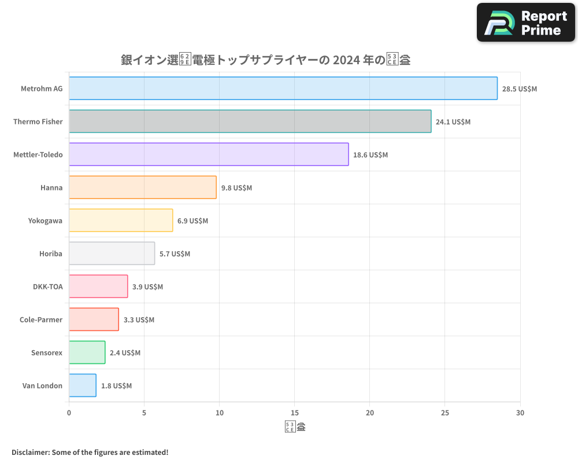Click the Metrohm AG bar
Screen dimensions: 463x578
[x=283, y=89]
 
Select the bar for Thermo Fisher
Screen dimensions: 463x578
[x=250, y=122]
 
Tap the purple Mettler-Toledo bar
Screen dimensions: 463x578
[x=209, y=155]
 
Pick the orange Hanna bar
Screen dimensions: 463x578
[x=143, y=188]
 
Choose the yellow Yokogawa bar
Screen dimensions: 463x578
[x=121, y=221]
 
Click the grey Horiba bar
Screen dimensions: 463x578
[x=112, y=253]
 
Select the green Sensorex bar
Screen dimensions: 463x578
[x=87, y=352]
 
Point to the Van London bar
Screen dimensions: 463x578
[x=83, y=385]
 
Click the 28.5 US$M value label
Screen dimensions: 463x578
[x=519, y=89]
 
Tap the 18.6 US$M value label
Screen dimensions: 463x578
[x=370, y=155]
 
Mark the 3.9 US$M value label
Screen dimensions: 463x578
[x=147, y=287]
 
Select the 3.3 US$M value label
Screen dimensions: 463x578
[x=139, y=320]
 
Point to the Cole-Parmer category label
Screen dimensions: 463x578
[x=41, y=319]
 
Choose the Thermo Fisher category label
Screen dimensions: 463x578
[x=38, y=122]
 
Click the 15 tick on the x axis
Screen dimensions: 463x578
[x=295, y=413]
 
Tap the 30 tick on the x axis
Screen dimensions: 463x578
[x=520, y=413]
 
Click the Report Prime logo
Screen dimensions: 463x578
[x=525, y=23]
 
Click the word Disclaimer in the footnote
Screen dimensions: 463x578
[x=30, y=452]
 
